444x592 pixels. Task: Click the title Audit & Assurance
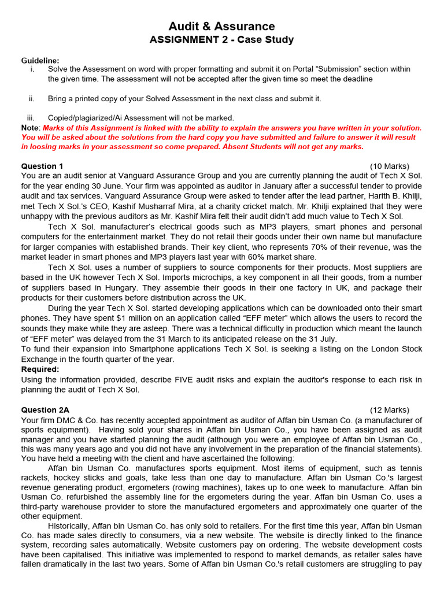point(221,26)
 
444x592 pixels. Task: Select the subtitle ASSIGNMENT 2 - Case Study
point(221,40)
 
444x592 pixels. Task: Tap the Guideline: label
point(40,61)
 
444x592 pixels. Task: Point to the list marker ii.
point(32,99)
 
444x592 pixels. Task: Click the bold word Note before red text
point(30,128)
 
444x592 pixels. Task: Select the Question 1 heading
point(42,166)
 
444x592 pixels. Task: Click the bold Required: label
point(40,369)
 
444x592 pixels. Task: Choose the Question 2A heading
point(45,410)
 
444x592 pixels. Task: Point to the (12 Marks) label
point(389,410)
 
